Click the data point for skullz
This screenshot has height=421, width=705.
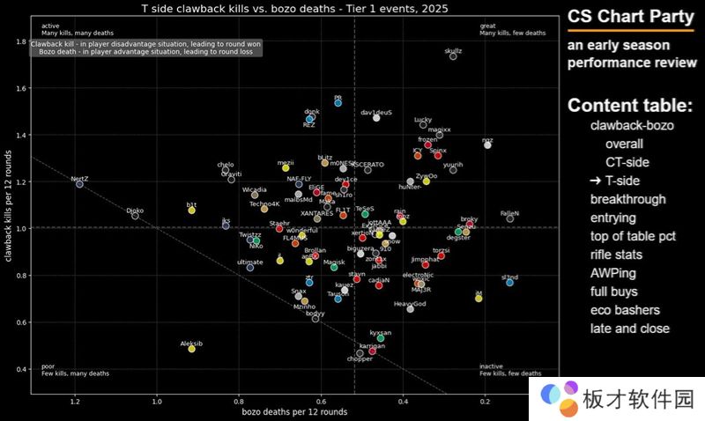453,55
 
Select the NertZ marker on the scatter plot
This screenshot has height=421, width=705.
79,184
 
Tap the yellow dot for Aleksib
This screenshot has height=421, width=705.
191,349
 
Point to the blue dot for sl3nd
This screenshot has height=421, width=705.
510,283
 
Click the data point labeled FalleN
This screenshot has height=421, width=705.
510,218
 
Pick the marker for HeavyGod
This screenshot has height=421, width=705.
410,309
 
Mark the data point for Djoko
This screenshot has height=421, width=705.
135,216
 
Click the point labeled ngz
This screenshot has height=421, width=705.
487,144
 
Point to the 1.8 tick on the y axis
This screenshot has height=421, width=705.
19,41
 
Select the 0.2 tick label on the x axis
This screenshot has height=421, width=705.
486,402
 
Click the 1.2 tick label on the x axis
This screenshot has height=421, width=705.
75,402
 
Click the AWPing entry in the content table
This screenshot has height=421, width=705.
613,273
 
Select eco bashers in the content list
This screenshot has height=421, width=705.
625,310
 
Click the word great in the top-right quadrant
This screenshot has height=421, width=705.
487,26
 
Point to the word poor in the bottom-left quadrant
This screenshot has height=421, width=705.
48,366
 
